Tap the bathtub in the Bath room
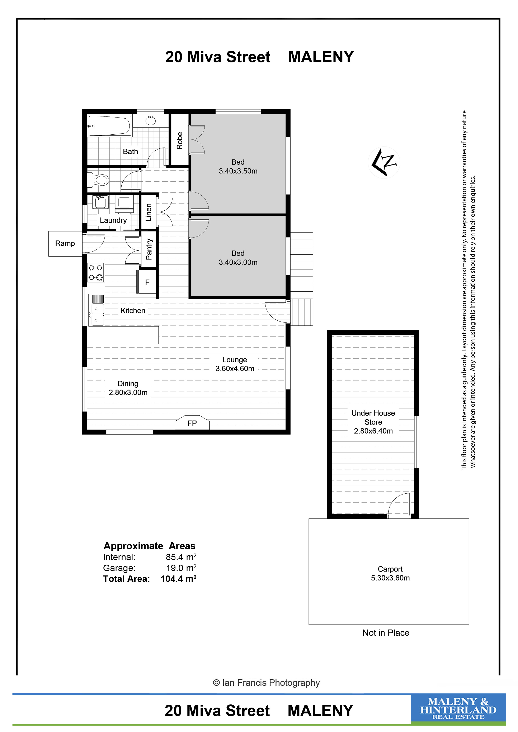coord(109,126)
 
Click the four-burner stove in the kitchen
coord(96,273)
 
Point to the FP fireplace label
coord(192,423)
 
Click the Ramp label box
coord(65,244)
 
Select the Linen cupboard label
coord(149,212)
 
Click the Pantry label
coord(149,249)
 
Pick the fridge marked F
coord(147,282)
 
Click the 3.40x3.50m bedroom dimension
coord(238,171)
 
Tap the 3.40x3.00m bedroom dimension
coord(238,262)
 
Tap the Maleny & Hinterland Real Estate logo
coord(458,709)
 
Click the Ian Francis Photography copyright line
coord(266,683)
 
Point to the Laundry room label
coord(113,220)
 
